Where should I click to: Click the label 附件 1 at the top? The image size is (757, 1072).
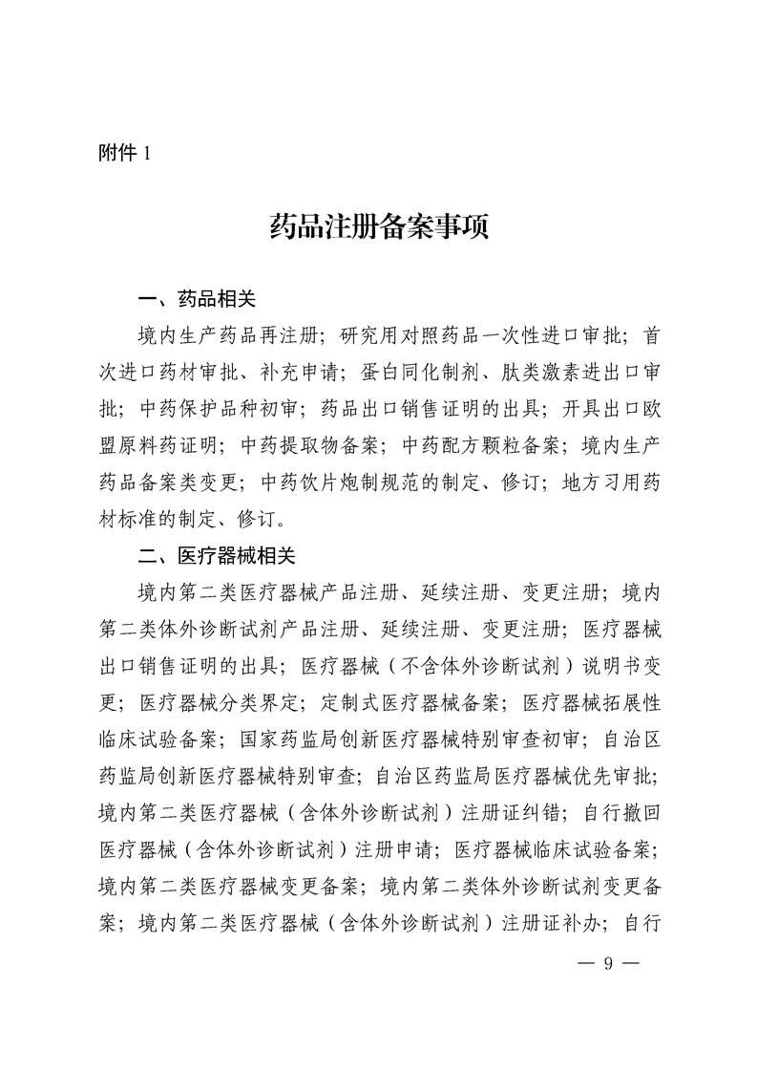click(x=125, y=153)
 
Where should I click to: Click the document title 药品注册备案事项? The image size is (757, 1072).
click(x=379, y=229)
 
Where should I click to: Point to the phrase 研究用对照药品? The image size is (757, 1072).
click(x=410, y=335)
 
